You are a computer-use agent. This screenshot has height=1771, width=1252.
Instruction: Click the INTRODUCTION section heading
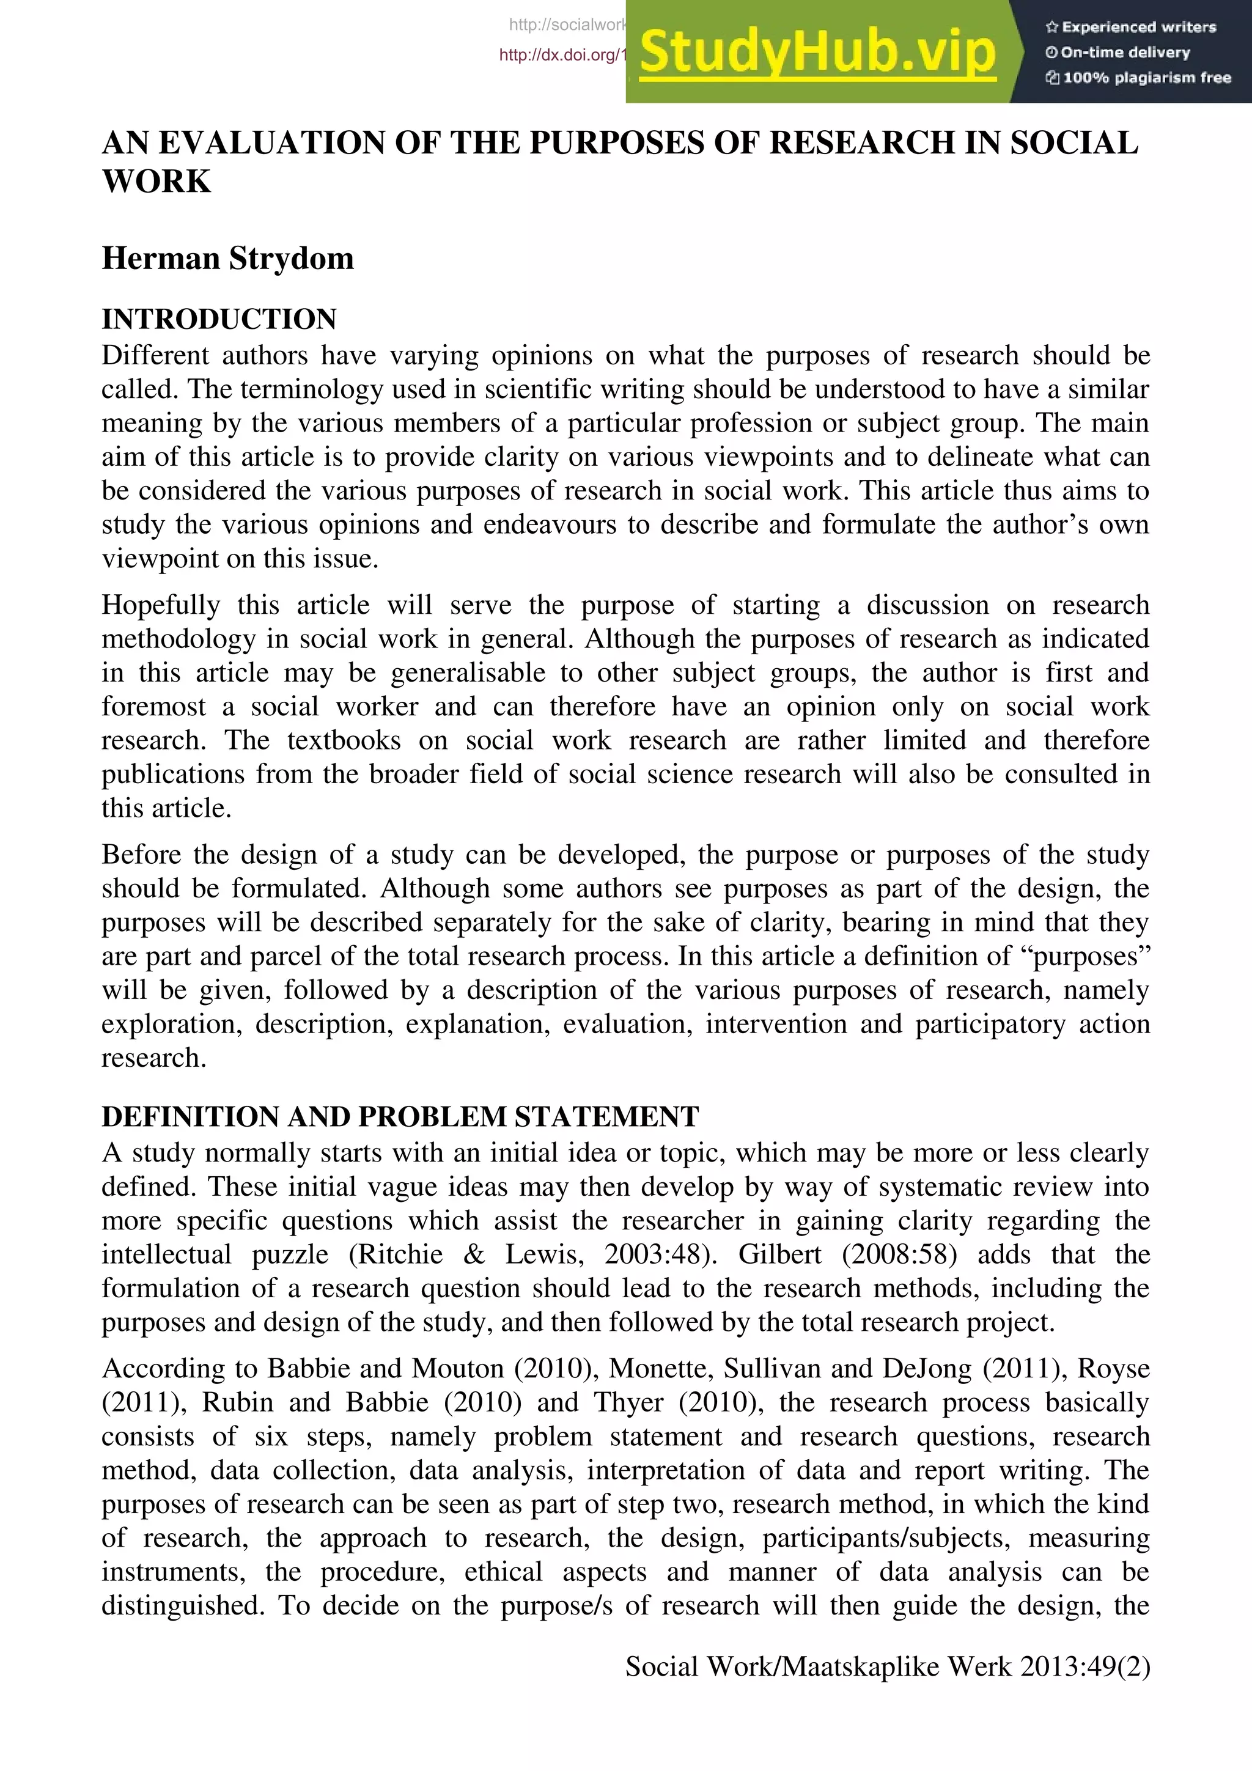click(219, 318)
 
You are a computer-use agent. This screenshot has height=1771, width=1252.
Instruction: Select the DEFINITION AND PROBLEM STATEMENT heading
click(400, 1116)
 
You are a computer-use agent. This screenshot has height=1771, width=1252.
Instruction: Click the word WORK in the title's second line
click(156, 182)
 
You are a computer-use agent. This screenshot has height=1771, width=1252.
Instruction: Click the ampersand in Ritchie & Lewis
click(474, 1254)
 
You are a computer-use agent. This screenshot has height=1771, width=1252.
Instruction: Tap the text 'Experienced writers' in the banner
click(1139, 27)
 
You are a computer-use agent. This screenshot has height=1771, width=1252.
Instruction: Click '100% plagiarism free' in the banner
click(1146, 77)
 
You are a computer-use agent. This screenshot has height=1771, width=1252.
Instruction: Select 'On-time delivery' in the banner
click(1125, 53)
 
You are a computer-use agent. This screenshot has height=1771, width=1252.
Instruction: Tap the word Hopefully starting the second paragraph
click(160, 605)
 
